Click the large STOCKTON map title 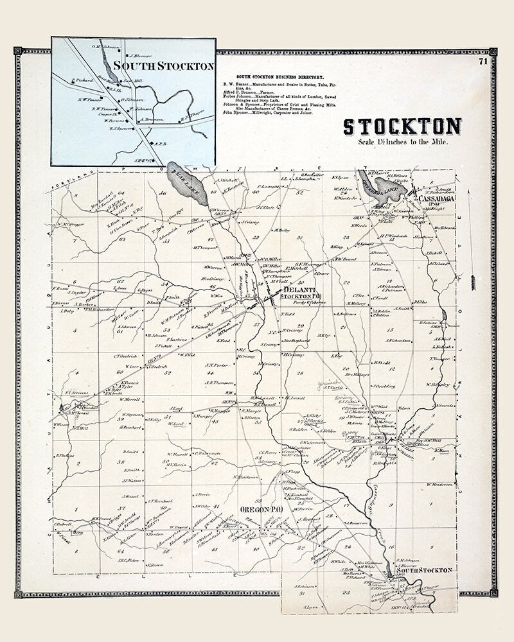coord(402,127)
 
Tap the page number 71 coord(483,62)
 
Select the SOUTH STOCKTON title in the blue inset coord(163,65)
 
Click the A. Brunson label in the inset coord(152,119)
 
